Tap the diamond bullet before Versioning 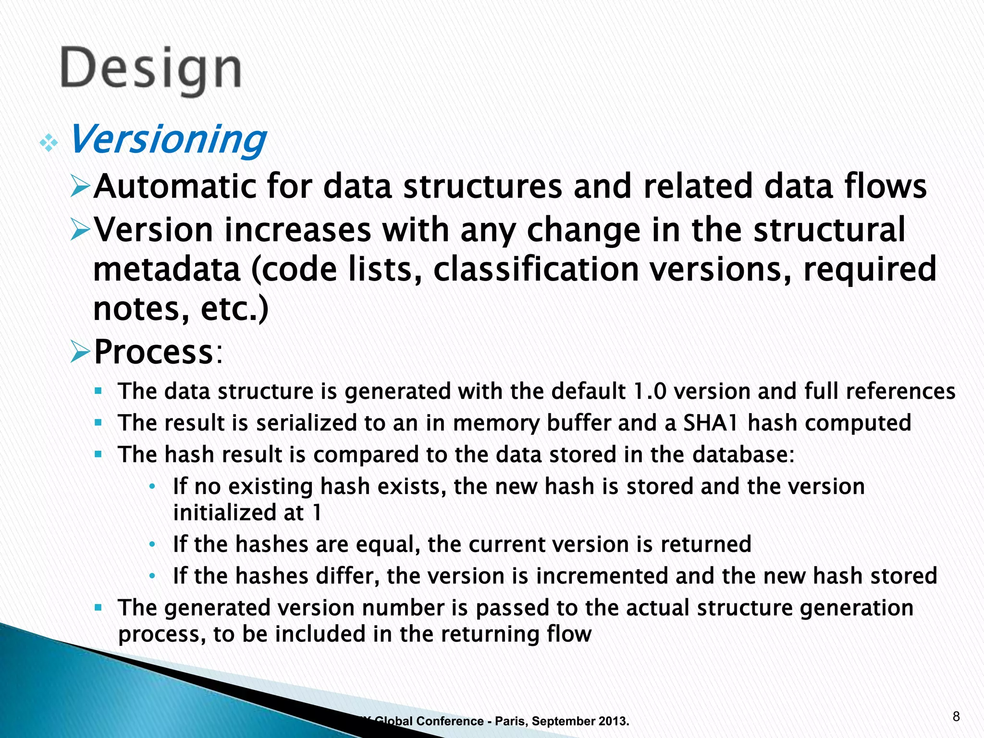[49, 143]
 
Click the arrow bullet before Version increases [80, 229]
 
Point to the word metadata [166, 270]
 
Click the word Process [153, 352]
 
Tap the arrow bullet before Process [80, 352]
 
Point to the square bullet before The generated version [98, 608]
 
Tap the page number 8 [956, 717]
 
